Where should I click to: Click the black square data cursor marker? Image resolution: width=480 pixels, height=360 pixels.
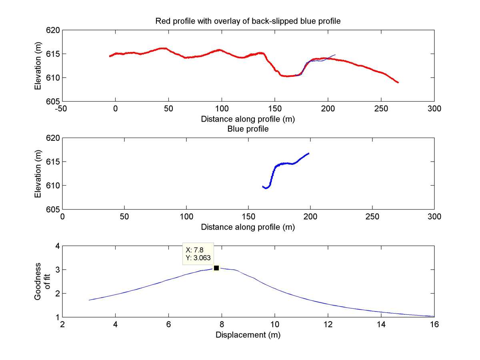[216, 268]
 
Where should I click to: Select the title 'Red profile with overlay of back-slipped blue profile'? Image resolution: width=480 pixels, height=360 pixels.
[248, 21]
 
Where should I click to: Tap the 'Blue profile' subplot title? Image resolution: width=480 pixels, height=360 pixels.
[248, 129]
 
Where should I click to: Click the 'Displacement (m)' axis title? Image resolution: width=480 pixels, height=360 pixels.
[248, 335]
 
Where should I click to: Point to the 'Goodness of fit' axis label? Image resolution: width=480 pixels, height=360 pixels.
[42, 281]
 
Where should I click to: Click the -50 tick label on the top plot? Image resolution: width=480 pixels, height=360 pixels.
[62, 108]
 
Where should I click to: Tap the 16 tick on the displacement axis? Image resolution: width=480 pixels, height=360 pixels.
[434, 324]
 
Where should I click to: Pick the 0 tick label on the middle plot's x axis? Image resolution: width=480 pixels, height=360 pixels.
[62, 216]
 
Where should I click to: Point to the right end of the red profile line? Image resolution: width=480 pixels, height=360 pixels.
[398, 82]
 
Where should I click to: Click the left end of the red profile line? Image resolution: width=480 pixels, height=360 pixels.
[110, 56]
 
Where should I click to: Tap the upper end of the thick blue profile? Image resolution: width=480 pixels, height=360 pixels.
[308, 153]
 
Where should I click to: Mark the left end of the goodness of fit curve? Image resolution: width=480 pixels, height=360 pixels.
[89, 300]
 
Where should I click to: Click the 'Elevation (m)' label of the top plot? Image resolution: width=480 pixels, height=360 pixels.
[38, 65]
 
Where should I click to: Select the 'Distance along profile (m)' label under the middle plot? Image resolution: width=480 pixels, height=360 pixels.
[248, 227]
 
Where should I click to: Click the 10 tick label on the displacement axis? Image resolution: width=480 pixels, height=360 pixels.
[274, 324]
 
